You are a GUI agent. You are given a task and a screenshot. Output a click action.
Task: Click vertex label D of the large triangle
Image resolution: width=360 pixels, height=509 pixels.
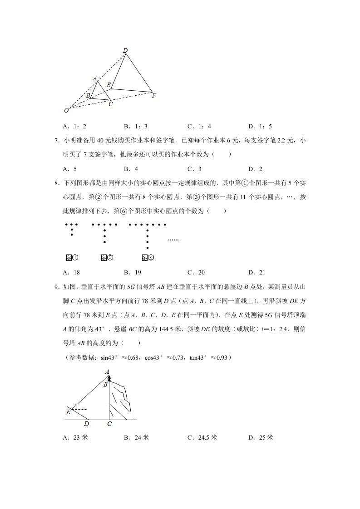[x=125, y=50]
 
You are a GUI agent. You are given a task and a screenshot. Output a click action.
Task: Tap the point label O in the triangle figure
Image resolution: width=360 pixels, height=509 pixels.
[x=66, y=110]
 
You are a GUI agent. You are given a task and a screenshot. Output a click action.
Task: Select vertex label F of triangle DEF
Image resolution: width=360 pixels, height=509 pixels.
[x=154, y=95]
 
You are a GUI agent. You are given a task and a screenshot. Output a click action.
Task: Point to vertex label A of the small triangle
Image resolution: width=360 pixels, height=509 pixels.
[x=95, y=78]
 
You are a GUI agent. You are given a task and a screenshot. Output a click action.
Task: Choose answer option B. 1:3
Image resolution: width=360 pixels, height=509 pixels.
[x=136, y=127]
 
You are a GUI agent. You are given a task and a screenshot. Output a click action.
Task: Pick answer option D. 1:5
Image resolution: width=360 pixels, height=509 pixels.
[x=260, y=127]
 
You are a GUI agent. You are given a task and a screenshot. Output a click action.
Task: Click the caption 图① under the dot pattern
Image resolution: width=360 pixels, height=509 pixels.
[x=72, y=258]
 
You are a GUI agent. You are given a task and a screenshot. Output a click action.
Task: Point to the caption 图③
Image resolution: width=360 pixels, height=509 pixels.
[x=148, y=258]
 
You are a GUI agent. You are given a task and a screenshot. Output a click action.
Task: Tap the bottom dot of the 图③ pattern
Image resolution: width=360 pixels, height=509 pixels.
[x=148, y=248]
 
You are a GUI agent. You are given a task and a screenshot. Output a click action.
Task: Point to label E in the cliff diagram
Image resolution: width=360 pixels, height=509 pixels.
[x=68, y=412]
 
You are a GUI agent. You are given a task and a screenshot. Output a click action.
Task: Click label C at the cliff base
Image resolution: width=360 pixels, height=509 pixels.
[x=109, y=424]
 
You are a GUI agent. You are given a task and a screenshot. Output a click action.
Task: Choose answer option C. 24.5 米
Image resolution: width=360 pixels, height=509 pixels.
[x=202, y=437]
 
